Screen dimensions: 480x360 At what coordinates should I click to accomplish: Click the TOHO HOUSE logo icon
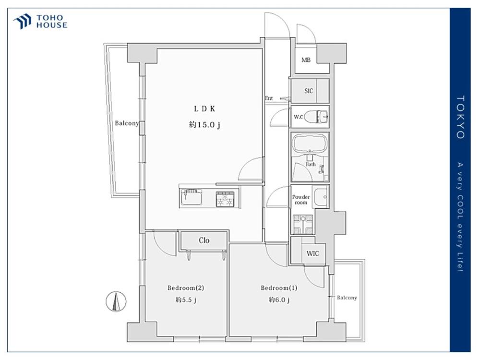22,21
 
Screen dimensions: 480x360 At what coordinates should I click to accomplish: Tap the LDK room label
204,108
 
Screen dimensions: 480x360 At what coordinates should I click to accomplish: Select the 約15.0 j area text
204,125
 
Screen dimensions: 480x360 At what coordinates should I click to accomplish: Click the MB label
306,60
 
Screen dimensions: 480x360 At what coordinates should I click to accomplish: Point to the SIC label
309,91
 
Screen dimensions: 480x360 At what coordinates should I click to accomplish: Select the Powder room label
300,200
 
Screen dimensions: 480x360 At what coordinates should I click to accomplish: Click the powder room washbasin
322,196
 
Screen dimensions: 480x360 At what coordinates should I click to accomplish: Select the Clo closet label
204,240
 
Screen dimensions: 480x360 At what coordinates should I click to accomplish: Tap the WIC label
312,253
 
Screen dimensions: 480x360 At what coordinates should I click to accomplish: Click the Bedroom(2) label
186,288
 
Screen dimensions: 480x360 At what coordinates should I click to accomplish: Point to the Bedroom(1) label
279,288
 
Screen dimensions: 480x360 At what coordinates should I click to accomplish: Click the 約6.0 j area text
279,300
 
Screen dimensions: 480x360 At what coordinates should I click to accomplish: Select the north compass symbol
116,301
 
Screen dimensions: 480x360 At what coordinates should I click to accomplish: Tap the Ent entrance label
268,98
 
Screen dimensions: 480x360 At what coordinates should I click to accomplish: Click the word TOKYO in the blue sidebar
460,117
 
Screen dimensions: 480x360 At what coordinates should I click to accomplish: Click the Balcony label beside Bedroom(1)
347,298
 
